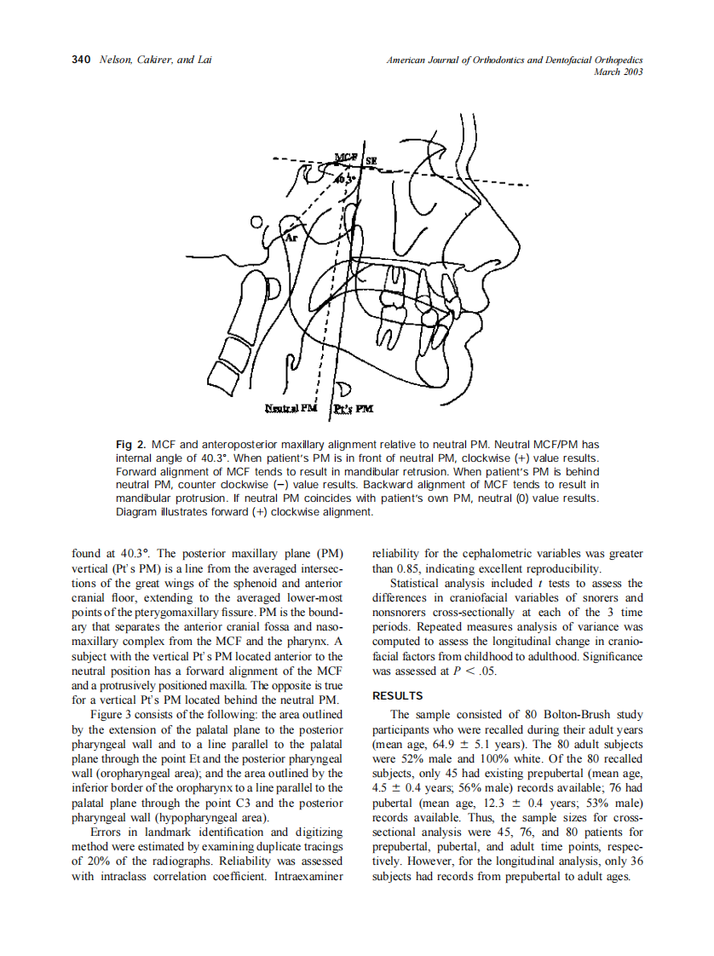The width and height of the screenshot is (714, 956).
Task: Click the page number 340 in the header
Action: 81,60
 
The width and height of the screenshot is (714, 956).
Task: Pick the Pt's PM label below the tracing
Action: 353,409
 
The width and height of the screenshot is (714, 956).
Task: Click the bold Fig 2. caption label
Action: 131,445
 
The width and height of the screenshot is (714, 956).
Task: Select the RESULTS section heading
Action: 398,696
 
